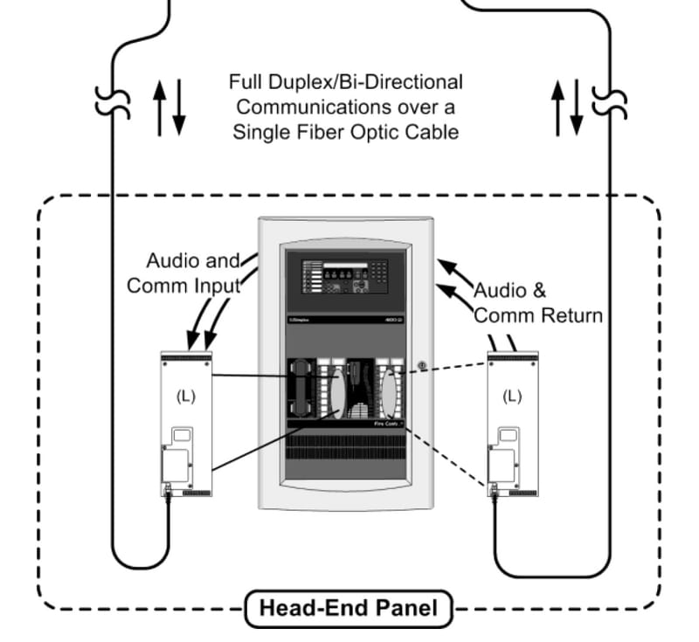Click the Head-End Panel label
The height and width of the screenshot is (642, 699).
pos(349,607)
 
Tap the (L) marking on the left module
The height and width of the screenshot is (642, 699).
pos(186,396)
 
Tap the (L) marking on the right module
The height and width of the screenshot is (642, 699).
pos(512,396)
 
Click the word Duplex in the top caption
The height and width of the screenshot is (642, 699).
pos(295,83)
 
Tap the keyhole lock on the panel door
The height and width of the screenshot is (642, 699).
pos(420,365)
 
